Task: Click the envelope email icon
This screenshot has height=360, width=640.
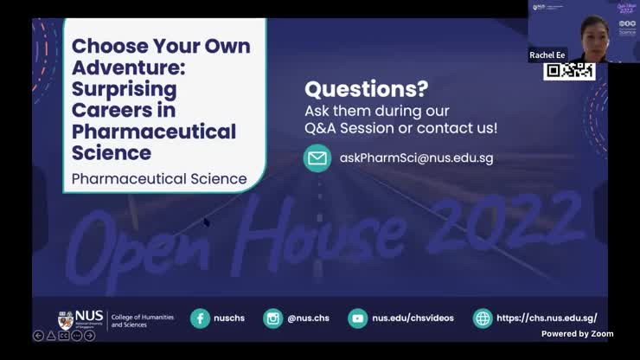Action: [x=317, y=158]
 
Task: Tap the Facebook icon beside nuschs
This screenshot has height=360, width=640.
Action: [x=201, y=318]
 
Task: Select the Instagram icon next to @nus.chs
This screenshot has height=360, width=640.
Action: [x=273, y=318]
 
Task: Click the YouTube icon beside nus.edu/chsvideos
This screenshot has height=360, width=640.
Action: [x=357, y=318]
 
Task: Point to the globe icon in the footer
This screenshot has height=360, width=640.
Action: [x=483, y=318]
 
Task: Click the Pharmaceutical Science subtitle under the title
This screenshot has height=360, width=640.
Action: [x=159, y=179]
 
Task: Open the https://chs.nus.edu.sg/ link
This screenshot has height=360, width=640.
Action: [x=547, y=318]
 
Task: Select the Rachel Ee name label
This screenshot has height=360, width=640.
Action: [x=547, y=55]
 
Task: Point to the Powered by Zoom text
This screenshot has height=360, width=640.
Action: [x=577, y=333]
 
